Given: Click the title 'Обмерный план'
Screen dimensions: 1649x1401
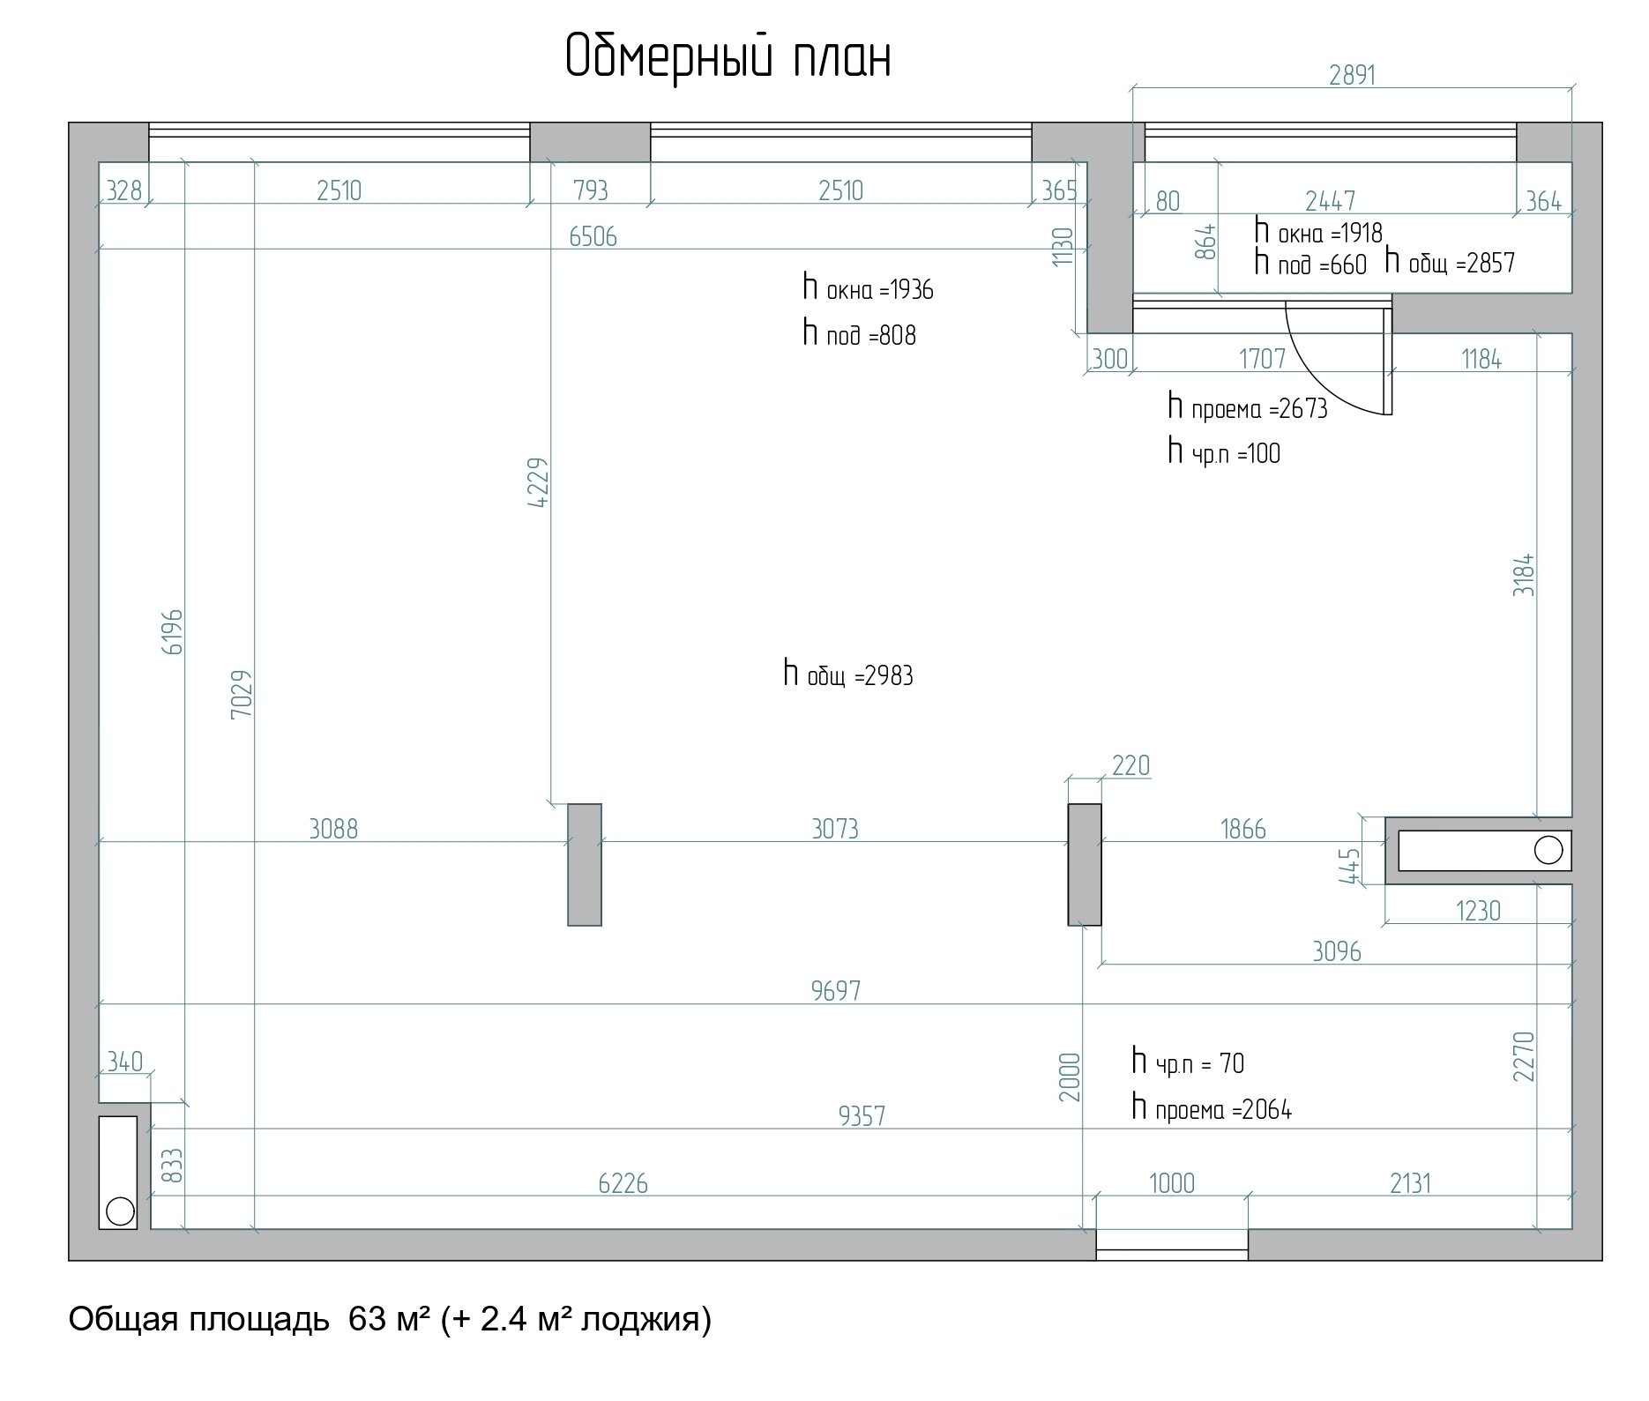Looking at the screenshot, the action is click(727, 58).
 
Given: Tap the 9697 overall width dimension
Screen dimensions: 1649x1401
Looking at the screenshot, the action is click(835, 991).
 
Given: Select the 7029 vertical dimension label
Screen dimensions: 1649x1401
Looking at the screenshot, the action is click(242, 693).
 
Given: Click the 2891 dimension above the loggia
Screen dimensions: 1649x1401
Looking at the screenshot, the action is click(1353, 75).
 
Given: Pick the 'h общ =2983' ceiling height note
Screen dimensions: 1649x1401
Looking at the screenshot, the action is click(848, 674).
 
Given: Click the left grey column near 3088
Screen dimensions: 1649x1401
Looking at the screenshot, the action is click(585, 864).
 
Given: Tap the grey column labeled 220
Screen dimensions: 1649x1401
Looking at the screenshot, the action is click(1085, 864).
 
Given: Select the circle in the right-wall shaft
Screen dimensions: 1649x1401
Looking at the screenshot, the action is click(1548, 850).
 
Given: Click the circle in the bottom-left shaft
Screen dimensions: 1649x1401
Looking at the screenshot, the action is click(119, 1211).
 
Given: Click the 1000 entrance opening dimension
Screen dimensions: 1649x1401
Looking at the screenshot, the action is click(1172, 1182).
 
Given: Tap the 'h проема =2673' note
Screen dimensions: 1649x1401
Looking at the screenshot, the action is click(1248, 407).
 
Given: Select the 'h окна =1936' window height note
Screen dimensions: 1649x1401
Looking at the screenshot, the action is click(868, 288).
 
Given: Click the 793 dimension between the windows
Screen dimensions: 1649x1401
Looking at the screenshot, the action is click(591, 190).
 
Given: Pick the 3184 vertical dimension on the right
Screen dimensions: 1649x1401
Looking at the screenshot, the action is click(1524, 575).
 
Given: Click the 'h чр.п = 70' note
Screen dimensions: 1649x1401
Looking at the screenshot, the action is click(1188, 1062).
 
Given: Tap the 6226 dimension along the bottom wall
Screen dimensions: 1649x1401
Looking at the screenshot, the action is click(623, 1182).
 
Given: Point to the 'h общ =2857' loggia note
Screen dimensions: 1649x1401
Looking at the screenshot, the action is click(1450, 262).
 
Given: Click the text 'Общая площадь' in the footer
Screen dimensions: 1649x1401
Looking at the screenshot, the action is click(199, 1320).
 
